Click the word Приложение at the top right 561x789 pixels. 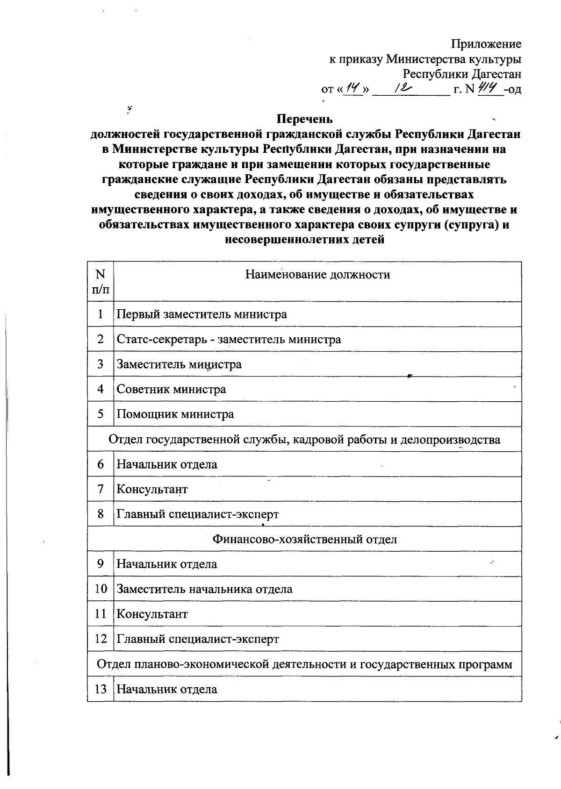point(486,44)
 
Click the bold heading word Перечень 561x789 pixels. point(304,119)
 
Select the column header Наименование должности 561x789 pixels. point(317,275)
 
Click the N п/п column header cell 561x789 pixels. point(101,281)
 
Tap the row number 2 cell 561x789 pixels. point(101,339)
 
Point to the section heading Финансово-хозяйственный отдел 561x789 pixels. point(304,540)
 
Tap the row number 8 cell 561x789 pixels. point(101,514)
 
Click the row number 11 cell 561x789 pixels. point(101,614)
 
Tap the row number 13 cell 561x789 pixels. point(101,689)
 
